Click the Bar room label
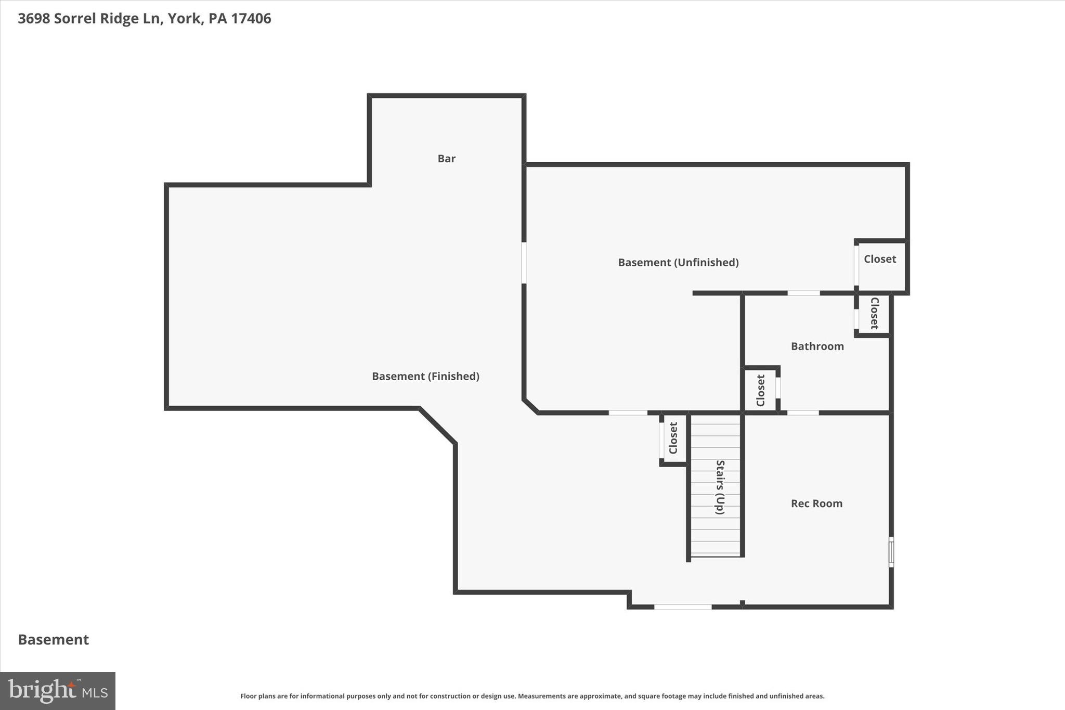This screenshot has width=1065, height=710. (x=446, y=159)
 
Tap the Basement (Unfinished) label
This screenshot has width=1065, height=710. (x=678, y=262)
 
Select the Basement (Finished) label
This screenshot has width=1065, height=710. (x=425, y=376)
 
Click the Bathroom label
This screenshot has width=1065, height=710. (x=817, y=346)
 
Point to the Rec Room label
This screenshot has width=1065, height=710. (x=816, y=504)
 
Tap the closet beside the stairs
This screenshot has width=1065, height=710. (x=674, y=438)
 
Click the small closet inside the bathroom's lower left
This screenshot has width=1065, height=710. (x=760, y=390)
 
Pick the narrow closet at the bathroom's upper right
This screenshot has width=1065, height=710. (x=874, y=313)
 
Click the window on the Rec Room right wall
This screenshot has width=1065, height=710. (x=891, y=552)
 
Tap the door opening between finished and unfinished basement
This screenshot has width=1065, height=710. (x=524, y=263)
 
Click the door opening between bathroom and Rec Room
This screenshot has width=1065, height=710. (x=802, y=413)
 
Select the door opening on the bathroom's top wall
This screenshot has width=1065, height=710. (x=803, y=293)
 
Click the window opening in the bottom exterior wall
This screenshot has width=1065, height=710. (x=682, y=607)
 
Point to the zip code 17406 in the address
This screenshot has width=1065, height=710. (x=251, y=19)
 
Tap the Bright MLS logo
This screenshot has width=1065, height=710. (x=58, y=691)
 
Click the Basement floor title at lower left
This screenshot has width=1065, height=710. (x=54, y=640)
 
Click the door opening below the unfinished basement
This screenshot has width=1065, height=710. (x=628, y=413)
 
